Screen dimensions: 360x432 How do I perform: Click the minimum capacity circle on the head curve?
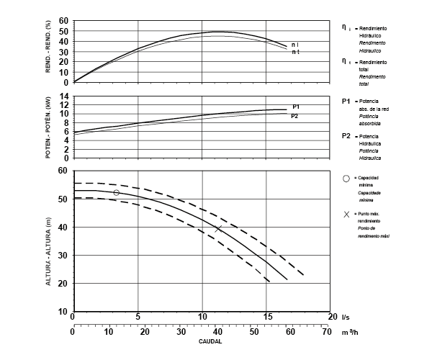[x=117, y=192]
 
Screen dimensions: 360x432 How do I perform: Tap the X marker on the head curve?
[x=218, y=229]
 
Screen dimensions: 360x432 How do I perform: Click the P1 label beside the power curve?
[x=296, y=107]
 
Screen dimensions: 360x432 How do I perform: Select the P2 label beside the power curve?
[x=294, y=115]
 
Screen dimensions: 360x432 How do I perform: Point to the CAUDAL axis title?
[x=210, y=342]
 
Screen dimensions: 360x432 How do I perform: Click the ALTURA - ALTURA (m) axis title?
[x=50, y=243]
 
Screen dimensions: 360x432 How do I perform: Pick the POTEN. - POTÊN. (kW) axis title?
[x=50, y=127]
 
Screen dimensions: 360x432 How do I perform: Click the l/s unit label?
[x=346, y=316]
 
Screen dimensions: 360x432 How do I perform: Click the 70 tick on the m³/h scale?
[x=326, y=332]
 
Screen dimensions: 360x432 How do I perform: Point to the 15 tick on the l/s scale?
[x=268, y=316]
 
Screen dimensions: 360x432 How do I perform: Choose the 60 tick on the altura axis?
[x=64, y=171]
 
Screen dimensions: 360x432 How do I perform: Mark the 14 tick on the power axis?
[x=64, y=96]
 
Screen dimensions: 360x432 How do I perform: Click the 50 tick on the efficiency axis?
[x=64, y=31]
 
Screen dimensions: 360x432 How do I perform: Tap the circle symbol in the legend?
[x=346, y=178]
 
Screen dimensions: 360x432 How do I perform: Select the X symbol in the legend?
[x=346, y=215]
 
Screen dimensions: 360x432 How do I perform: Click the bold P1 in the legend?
[x=346, y=102]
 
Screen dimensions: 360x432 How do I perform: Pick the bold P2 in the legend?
[x=346, y=136]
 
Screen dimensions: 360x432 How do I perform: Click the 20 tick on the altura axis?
[x=64, y=284]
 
